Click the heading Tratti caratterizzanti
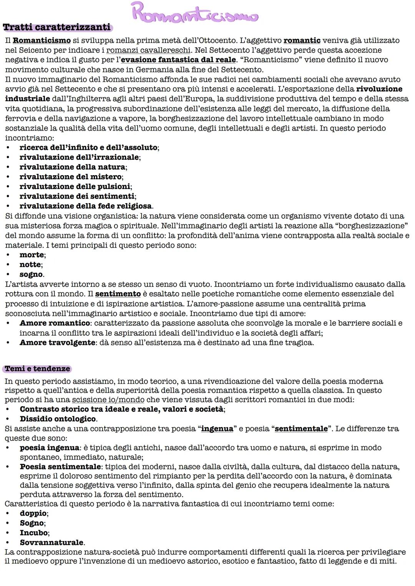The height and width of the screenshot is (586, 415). tap(56, 28)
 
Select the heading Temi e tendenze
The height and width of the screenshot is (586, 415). tap(37, 369)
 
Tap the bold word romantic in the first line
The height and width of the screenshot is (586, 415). tap(302, 40)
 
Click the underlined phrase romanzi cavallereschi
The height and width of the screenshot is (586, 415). tap(148, 50)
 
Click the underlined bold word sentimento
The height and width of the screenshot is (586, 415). tap(118, 294)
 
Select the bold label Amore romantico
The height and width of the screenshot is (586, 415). tap(55, 323)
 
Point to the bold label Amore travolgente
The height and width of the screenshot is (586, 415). tap(57, 343)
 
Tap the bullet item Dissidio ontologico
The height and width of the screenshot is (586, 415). tap(58, 419)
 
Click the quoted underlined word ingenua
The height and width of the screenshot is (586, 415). tap(217, 429)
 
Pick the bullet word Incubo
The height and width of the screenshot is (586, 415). tap(34, 533)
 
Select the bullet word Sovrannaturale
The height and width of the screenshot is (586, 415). tap(52, 543)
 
